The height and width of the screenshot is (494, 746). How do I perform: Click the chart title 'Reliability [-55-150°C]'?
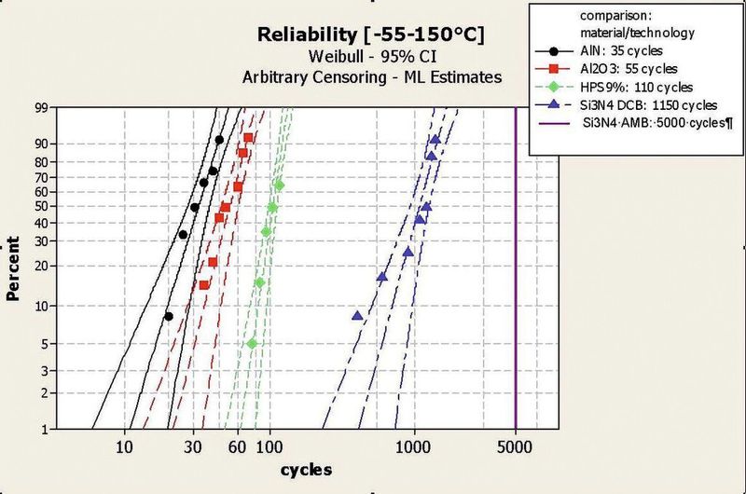coord(372,36)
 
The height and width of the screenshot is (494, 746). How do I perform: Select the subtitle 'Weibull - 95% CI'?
coord(372,58)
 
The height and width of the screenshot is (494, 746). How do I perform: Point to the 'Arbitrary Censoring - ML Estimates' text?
coord(372,77)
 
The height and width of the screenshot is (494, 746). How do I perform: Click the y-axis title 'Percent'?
coord(14,268)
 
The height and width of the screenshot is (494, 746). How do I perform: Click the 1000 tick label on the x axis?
coord(414,446)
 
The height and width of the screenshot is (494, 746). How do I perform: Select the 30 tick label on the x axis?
coord(194,446)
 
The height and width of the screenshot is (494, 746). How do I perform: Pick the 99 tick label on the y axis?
coord(40,109)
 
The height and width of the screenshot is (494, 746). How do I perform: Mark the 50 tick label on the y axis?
coord(40,206)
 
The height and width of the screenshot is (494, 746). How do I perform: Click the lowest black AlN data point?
coord(169,317)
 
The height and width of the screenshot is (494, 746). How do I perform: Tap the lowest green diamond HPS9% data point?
coord(252,343)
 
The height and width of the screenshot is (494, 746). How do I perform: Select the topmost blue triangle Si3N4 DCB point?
coord(435,140)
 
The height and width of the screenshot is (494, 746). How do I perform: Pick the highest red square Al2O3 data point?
coord(248,138)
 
